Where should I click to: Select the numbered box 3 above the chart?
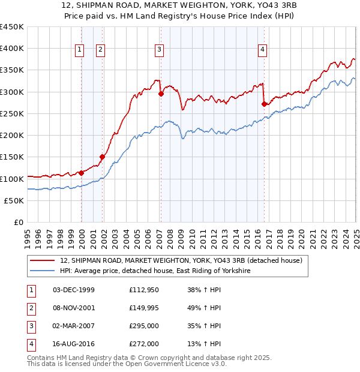[159, 50]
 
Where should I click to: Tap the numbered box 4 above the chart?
[263, 50]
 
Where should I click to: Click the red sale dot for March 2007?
[161, 94]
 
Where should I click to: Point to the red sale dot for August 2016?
[265, 104]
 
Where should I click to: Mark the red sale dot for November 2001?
[103, 157]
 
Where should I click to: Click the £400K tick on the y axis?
[12, 49]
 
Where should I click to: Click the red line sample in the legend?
[43, 260]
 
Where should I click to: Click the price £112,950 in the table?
[144, 290]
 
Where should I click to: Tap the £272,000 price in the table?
[144, 344]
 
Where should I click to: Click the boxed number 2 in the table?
[31, 308]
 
